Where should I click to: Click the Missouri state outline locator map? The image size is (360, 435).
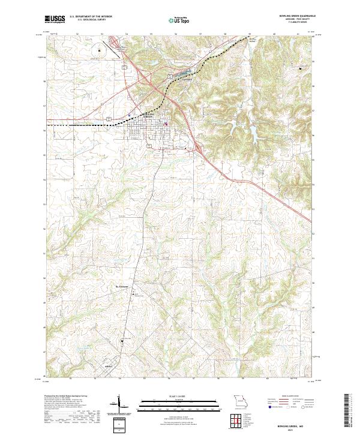click(241, 401)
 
